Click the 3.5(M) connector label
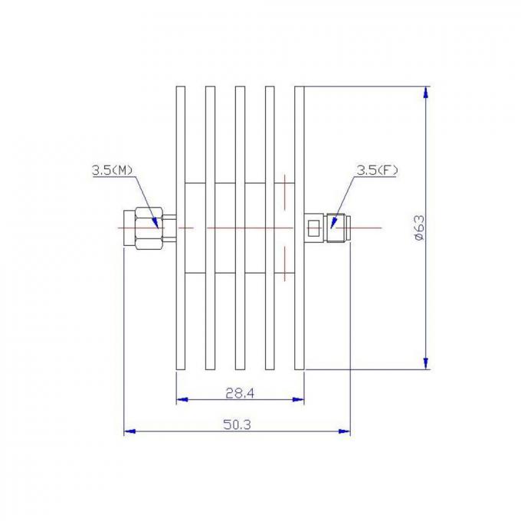(x=111, y=171)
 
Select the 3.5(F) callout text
(x=376, y=170)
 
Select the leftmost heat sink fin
(x=180, y=138)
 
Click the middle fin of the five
(x=240, y=138)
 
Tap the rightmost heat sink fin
(x=300, y=138)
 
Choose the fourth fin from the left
(x=270, y=138)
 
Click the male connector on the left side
(x=147, y=228)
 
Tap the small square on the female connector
(x=313, y=228)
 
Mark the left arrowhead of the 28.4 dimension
(x=181, y=400)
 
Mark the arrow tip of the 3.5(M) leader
(x=159, y=227)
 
